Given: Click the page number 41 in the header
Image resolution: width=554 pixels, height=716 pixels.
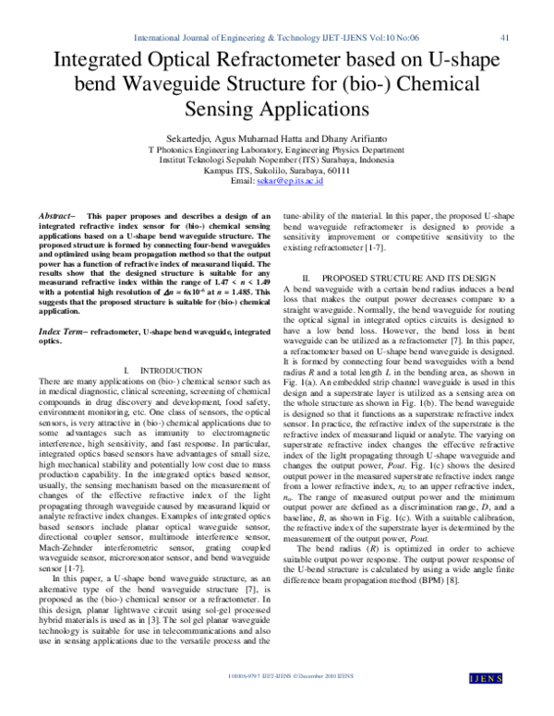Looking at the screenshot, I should [x=504, y=38].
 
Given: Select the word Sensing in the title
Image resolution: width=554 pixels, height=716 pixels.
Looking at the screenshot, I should [x=210, y=109].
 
